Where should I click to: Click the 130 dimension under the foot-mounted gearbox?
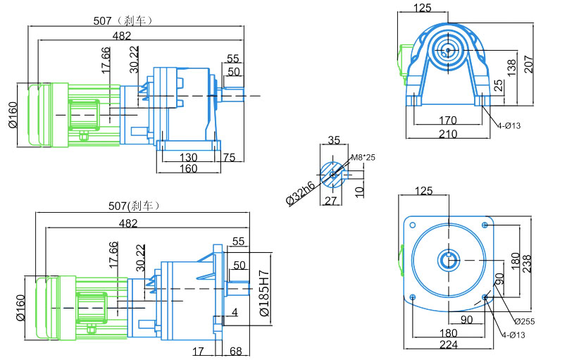point(188,157)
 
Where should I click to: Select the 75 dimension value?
point(229,157)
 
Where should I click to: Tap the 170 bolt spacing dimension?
point(448,120)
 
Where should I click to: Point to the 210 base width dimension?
point(448,133)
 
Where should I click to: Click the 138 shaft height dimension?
point(512,67)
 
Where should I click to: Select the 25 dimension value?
point(499,86)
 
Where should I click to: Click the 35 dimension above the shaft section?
point(335,139)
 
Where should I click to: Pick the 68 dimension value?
point(235,350)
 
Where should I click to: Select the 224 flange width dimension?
point(448,345)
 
